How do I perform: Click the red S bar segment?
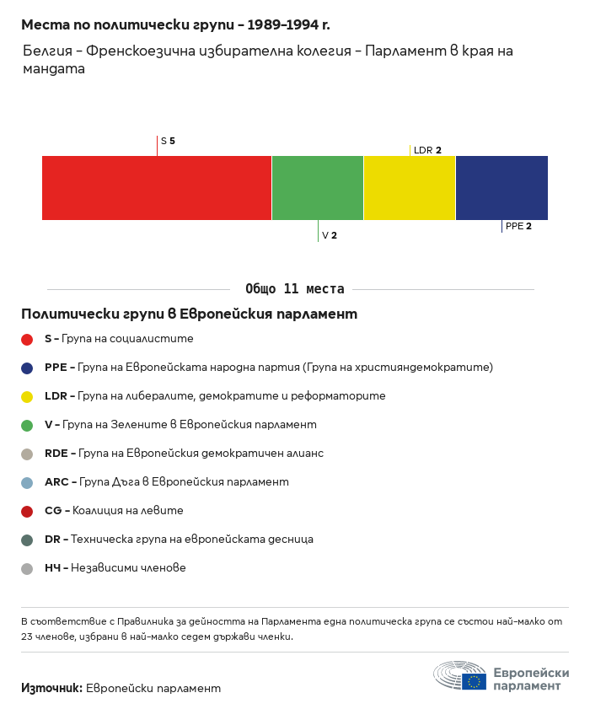point(157,188)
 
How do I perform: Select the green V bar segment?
point(318,188)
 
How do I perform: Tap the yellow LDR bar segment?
point(410,188)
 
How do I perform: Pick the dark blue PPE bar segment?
point(501,188)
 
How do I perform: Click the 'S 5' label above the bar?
point(168,141)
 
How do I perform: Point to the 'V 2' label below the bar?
point(329,236)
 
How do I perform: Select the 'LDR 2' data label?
point(427,150)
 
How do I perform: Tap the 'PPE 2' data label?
point(518,226)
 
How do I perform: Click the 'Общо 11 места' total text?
point(294,289)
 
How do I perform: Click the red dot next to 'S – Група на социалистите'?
point(27,340)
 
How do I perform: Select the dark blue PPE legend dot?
point(27,368)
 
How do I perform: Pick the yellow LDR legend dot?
point(27,397)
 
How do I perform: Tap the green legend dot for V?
point(27,426)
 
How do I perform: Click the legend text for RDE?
point(184,454)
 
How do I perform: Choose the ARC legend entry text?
point(166,482)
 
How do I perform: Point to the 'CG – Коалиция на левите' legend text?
point(114,511)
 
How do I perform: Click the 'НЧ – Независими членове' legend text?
point(115,568)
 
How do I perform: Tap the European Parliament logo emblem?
point(460,675)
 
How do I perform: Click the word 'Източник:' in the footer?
point(51,688)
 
